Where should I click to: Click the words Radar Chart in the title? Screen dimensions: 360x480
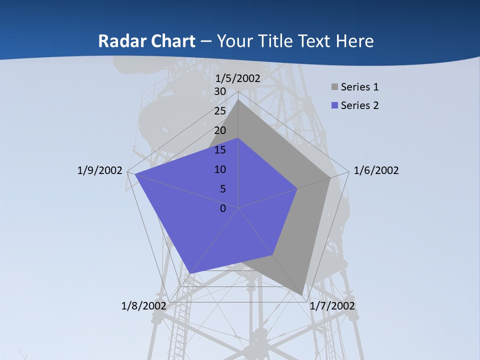pyautogui.click(x=146, y=41)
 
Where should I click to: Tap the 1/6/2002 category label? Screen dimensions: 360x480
pyautogui.click(x=376, y=170)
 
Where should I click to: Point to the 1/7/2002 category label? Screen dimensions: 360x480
pyautogui.click(x=332, y=305)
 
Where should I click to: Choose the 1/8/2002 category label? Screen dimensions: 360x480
pyautogui.click(x=144, y=305)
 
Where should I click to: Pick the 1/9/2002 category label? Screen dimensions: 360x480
pyautogui.click(x=99, y=170)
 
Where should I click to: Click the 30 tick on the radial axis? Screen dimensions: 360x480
pyautogui.click(x=220, y=91)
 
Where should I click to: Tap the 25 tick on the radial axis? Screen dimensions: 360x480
pyautogui.click(x=220, y=111)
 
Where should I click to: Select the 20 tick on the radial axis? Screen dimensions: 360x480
pyautogui.click(x=220, y=130)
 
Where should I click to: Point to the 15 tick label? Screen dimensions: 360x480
pyautogui.click(x=220, y=150)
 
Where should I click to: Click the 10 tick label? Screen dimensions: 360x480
pyautogui.click(x=220, y=169)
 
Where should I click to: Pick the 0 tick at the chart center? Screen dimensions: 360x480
pyautogui.click(x=223, y=208)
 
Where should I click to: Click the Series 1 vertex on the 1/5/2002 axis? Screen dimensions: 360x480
pyautogui.click(x=238, y=99)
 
